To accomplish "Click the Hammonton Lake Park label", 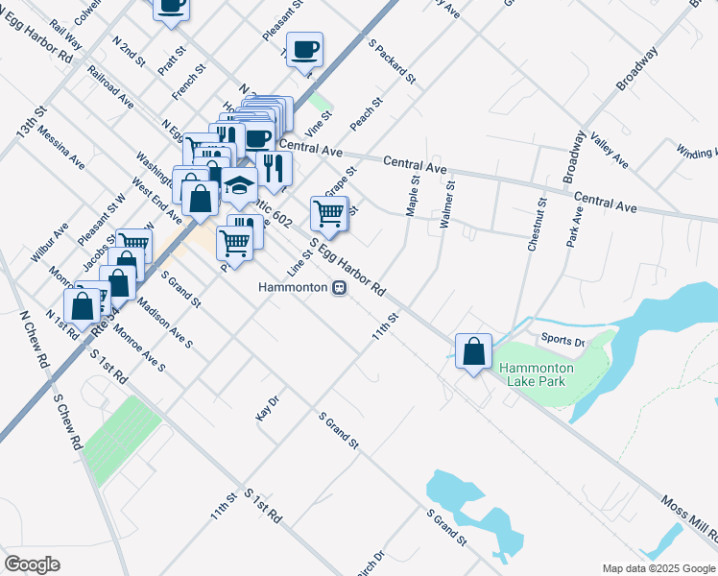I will tap(536, 374).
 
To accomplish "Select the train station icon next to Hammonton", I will tap(338, 288).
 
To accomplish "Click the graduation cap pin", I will tap(240, 185).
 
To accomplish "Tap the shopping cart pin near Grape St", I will tap(329, 213).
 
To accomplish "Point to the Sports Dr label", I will tap(562, 340).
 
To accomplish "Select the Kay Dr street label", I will tap(267, 407).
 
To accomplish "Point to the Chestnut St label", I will tap(536, 225).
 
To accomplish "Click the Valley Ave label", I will tap(609, 150).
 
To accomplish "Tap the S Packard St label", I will tap(392, 61).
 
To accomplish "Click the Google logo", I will tap(33, 564).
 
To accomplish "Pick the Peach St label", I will tap(367, 114).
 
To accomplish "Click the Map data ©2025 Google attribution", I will tap(658, 567).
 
